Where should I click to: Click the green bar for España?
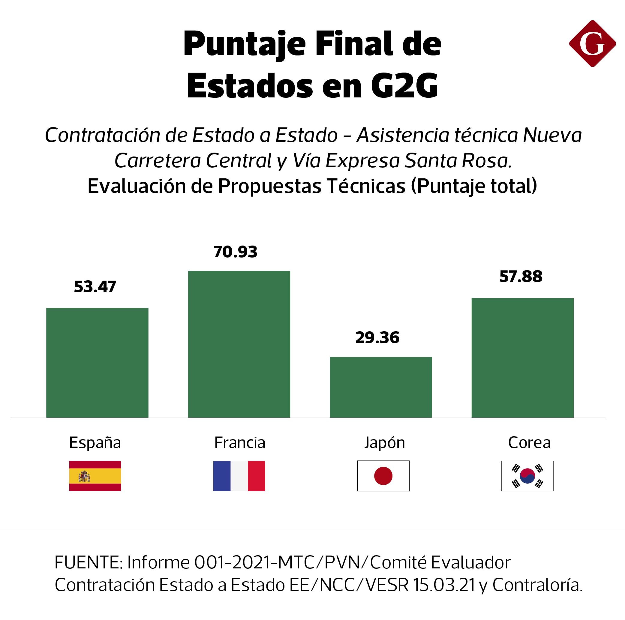click(x=97, y=362)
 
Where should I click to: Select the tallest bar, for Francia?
click(x=239, y=344)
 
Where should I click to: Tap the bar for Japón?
click(x=380, y=387)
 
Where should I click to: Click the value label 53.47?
click(x=95, y=287)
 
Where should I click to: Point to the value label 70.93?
click(x=235, y=252)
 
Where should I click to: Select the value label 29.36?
click(x=377, y=338)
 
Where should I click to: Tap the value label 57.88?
click(x=521, y=276)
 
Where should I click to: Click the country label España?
click(x=95, y=443)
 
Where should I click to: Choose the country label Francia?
click(x=239, y=443)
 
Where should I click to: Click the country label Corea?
click(x=529, y=443)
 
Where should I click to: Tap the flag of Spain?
click(x=95, y=476)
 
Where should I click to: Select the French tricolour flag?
click(x=239, y=476)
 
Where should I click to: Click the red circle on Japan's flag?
click(x=383, y=476)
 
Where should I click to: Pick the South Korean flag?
click(x=527, y=476)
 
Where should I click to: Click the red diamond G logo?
click(x=592, y=44)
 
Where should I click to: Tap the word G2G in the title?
click(x=404, y=86)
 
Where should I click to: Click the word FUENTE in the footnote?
click(x=88, y=562)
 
